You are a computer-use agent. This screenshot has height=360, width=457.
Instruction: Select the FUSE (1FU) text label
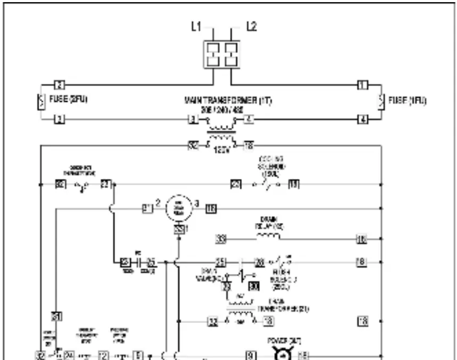(412, 100)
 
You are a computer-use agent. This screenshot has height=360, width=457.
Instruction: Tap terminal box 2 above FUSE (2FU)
(60, 84)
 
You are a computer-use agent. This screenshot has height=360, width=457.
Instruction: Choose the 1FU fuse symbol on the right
(380, 100)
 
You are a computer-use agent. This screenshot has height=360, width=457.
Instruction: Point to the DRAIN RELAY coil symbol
(268, 238)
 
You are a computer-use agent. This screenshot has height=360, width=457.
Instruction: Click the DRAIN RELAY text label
(268, 222)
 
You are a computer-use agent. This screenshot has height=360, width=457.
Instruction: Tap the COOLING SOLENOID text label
(270, 165)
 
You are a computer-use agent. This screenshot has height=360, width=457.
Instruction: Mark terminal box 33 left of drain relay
(221, 239)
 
